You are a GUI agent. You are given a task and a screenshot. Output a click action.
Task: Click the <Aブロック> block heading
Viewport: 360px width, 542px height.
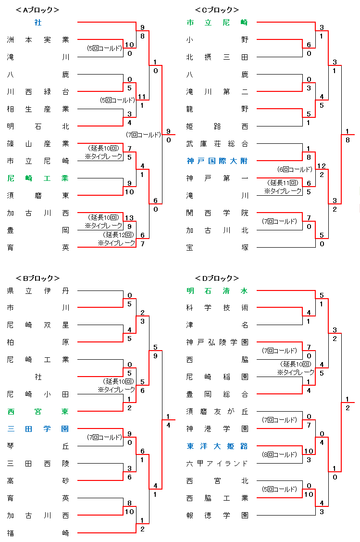(x=37, y=10)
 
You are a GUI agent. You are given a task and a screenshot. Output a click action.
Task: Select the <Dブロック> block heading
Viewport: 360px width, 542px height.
(x=217, y=278)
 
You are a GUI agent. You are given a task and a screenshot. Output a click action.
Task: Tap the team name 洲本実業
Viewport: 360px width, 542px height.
(x=38, y=40)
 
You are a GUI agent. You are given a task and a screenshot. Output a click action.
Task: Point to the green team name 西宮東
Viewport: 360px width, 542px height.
(x=38, y=412)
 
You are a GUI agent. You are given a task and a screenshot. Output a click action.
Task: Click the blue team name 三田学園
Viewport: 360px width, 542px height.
(x=38, y=429)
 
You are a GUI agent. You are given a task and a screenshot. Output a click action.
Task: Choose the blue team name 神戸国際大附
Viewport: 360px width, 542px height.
(x=217, y=161)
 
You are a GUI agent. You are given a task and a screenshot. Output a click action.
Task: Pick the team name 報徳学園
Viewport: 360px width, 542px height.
(x=217, y=516)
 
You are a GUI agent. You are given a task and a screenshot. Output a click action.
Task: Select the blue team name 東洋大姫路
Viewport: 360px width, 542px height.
(x=217, y=446)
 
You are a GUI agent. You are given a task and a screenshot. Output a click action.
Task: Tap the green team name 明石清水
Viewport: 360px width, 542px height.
(x=217, y=290)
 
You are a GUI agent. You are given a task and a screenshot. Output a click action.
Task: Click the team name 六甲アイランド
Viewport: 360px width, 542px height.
(x=217, y=464)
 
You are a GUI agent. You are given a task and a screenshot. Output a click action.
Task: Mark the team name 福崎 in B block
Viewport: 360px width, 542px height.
(x=38, y=533)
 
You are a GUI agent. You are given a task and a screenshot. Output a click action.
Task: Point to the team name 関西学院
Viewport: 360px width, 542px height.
(x=217, y=213)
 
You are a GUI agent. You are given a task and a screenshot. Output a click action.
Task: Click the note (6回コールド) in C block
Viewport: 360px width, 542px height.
(x=295, y=169)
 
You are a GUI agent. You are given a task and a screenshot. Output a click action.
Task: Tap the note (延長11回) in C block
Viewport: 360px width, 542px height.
(x=283, y=183)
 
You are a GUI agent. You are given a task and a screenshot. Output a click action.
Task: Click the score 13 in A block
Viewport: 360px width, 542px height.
(x=129, y=218)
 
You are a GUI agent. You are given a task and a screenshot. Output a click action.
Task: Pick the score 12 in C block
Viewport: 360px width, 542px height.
(x=321, y=166)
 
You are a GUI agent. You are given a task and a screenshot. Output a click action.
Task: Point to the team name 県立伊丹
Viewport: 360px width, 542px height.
(x=38, y=290)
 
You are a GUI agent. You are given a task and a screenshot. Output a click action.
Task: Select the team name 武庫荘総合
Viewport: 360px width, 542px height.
(x=217, y=143)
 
